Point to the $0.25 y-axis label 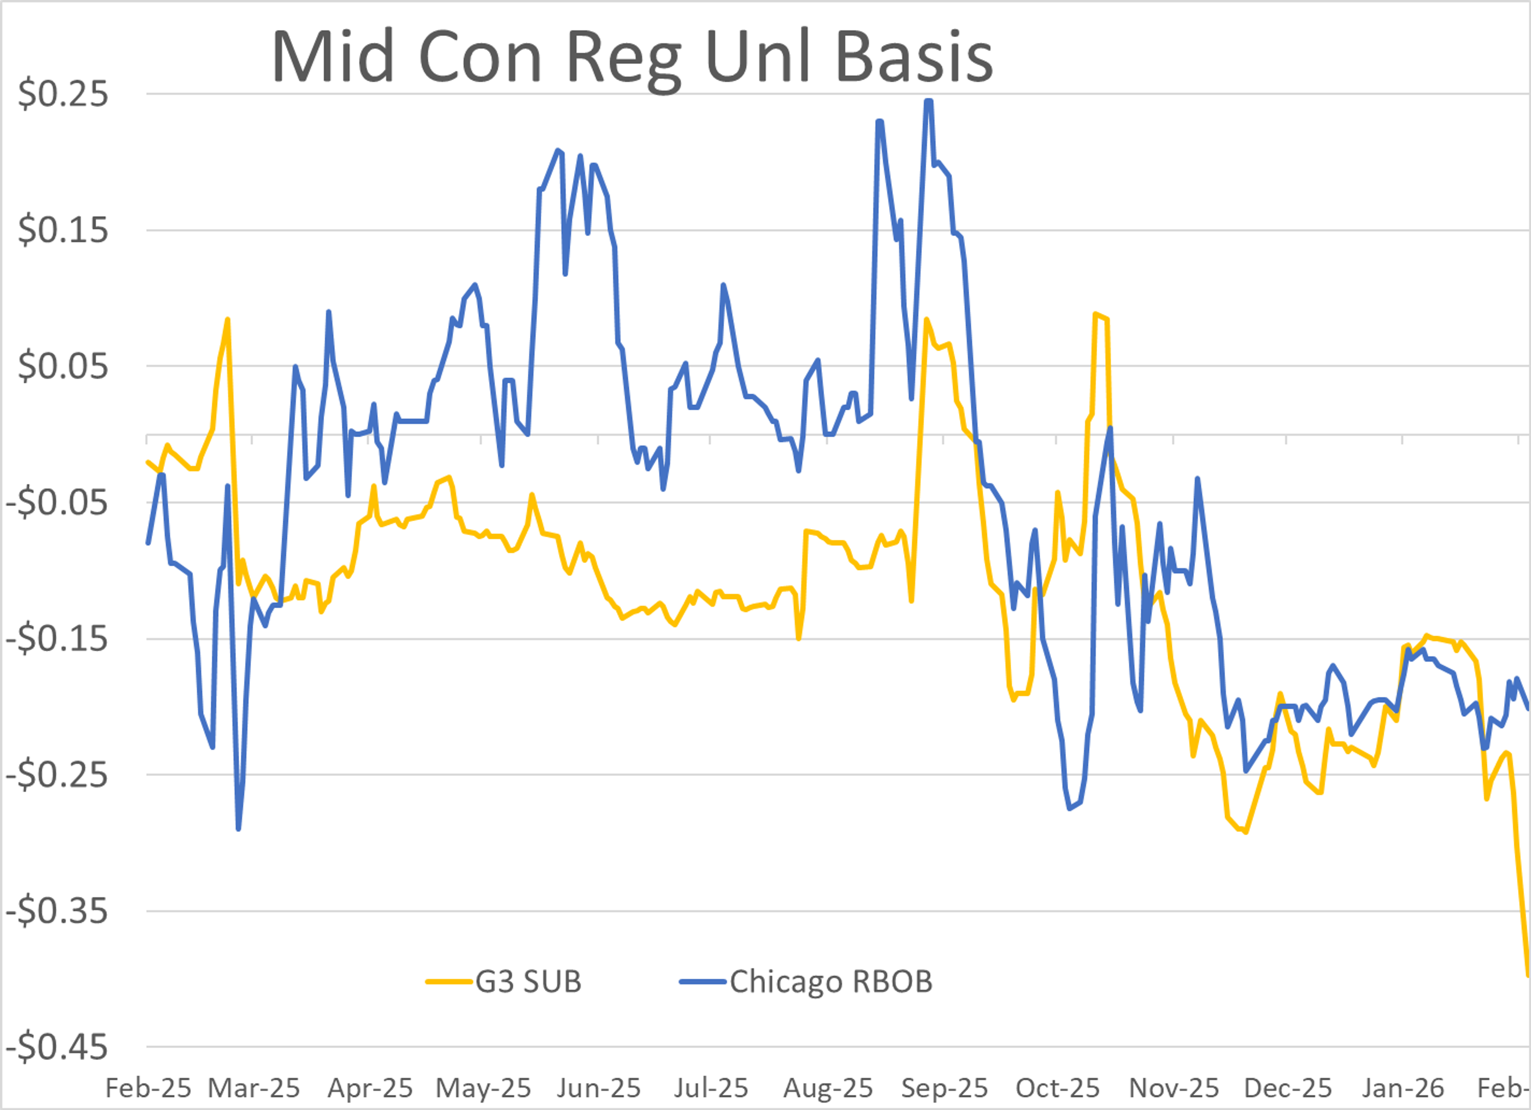pos(63,94)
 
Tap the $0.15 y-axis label pos(63,230)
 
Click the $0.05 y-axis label pos(63,366)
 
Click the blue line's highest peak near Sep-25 pos(929,101)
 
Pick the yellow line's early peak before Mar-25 pos(228,319)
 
